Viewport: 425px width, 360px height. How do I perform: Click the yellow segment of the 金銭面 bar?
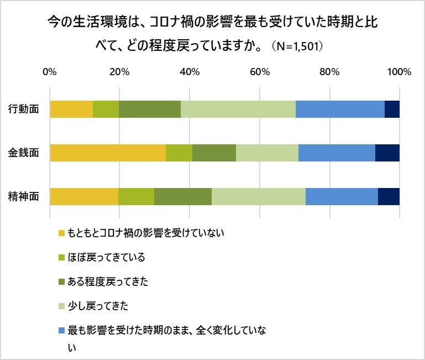tap(108, 153)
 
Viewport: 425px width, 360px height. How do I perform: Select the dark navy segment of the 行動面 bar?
tap(392, 109)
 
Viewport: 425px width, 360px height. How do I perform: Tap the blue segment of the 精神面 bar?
tap(342, 196)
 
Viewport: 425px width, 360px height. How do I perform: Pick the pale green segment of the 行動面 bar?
tap(238, 109)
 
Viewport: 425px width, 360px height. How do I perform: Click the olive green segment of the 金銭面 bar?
tap(214, 153)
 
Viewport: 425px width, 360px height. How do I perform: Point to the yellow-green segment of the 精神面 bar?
tap(136, 196)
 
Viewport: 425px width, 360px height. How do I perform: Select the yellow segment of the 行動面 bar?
tap(71, 109)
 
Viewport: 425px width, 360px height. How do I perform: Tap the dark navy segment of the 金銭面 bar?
tap(387, 153)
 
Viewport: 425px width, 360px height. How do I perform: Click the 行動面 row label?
tap(24, 109)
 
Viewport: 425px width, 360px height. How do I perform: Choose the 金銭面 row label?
tap(24, 153)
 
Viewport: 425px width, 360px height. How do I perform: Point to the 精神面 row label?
tap(24, 197)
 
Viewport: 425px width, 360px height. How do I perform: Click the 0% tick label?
tap(50, 72)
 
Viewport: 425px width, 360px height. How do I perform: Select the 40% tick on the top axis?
tap(190, 72)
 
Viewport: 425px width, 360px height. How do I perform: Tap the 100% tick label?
tap(399, 72)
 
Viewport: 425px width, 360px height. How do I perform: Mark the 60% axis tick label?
tap(259, 72)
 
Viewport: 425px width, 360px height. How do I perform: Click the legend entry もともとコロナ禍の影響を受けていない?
tap(145, 232)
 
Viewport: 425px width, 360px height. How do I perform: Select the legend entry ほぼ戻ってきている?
tap(106, 257)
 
